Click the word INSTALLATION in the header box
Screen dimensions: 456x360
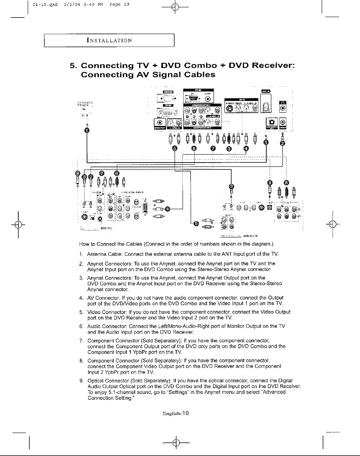pos(109,40)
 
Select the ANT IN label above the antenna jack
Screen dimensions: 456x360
pos(266,91)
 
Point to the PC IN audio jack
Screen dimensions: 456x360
pos(208,99)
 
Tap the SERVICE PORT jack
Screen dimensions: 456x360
pos(160,123)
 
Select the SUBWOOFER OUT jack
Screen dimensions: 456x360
pos(272,122)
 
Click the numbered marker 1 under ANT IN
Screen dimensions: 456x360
pos(265,142)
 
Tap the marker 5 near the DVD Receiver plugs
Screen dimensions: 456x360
pos(196,223)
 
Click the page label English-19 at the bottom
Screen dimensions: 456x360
pos(176,413)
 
